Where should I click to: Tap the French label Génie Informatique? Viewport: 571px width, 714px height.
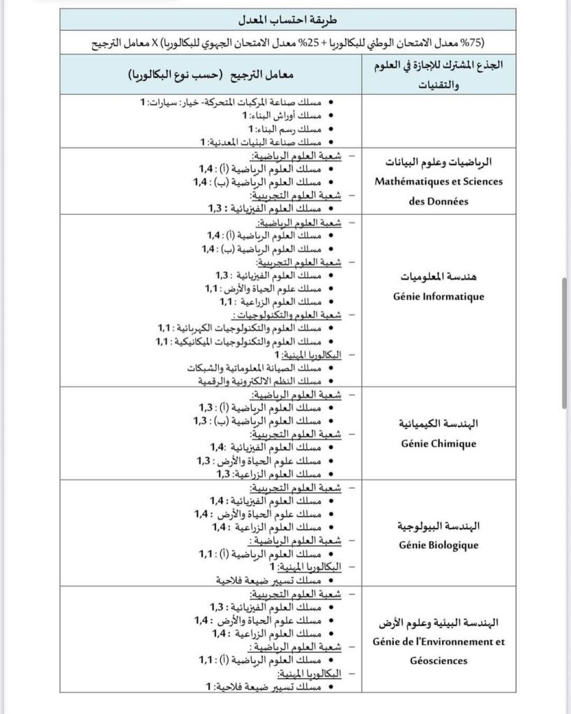439,297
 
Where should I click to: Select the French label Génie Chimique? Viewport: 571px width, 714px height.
439,443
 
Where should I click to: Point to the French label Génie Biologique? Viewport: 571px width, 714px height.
439,545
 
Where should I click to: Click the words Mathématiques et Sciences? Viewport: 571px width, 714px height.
439,181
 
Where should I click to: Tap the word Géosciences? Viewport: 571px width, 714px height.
439,660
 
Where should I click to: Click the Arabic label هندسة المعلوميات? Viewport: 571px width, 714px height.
439,277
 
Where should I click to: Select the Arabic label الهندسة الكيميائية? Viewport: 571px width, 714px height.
439,423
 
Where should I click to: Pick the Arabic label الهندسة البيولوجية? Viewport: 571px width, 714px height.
439,525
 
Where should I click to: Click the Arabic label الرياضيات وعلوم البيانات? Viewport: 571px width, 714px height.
439,162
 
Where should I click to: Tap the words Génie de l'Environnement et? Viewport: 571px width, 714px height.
439,642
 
